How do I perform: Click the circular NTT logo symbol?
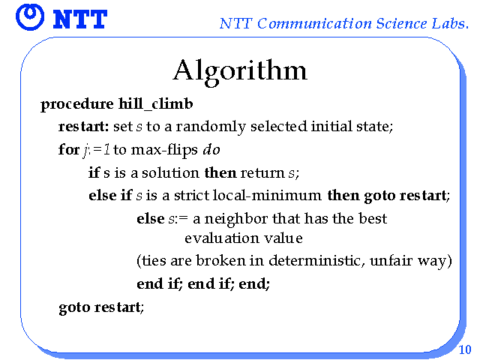pos(30,17)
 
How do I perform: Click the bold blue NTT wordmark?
pos(80,19)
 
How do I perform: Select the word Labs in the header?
pos(450,23)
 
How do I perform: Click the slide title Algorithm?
pos(240,72)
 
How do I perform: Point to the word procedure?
pos(76,105)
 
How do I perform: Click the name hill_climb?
pos(156,104)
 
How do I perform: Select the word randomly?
pos(211,127)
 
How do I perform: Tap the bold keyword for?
pos(69,149)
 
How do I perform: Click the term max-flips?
pos(164,150)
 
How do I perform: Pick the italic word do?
pos(211,149)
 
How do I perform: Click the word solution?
pos(170,172)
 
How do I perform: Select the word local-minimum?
pos(267,195)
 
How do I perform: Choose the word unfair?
pos(391,261)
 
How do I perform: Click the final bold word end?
pos(254,283)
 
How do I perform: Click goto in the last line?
pos(74,307)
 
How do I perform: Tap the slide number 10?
pos(465,349)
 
